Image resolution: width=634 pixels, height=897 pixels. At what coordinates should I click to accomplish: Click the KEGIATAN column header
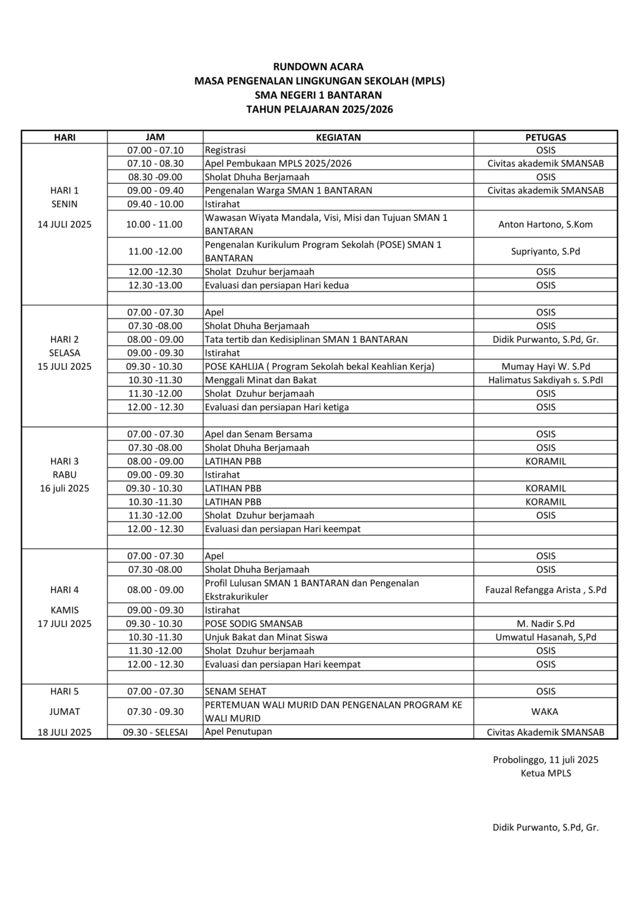point(338,137)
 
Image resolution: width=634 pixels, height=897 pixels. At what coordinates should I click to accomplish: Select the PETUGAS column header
point(545,137)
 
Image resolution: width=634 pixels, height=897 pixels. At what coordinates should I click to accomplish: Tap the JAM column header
point(155,137)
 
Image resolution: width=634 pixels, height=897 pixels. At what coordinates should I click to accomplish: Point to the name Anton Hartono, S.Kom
point(545,224)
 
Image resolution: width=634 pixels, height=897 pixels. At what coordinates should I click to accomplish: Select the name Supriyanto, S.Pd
point(545,251)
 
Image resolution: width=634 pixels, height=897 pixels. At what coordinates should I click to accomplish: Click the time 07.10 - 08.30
point(155,163)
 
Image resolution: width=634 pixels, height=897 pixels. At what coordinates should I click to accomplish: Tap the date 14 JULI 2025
point(64,224)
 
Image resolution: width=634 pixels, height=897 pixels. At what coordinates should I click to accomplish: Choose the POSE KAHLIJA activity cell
point(319,367)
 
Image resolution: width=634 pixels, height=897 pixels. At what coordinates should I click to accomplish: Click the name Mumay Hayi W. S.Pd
point(545,367)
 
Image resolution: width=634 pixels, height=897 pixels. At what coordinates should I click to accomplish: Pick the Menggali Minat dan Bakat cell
point(261,380)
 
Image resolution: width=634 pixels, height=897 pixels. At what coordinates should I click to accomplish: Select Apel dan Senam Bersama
point(259,434)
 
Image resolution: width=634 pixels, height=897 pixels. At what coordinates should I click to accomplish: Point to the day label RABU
point(64,475)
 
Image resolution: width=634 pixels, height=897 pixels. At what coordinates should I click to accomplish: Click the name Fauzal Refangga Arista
point(545,590)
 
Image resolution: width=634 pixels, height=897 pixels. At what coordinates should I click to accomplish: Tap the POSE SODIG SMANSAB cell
point(254,624)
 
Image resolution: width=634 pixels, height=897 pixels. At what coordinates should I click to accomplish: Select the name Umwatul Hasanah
point(545,637)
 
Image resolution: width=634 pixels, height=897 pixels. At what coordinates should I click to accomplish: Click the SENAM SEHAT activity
point(235,691)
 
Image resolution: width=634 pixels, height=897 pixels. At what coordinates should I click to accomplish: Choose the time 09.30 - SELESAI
point(155,732)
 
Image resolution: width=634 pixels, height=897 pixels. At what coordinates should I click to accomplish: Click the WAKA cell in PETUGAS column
point(545,711)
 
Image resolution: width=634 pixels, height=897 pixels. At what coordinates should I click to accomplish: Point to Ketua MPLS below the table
point(545,773)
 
